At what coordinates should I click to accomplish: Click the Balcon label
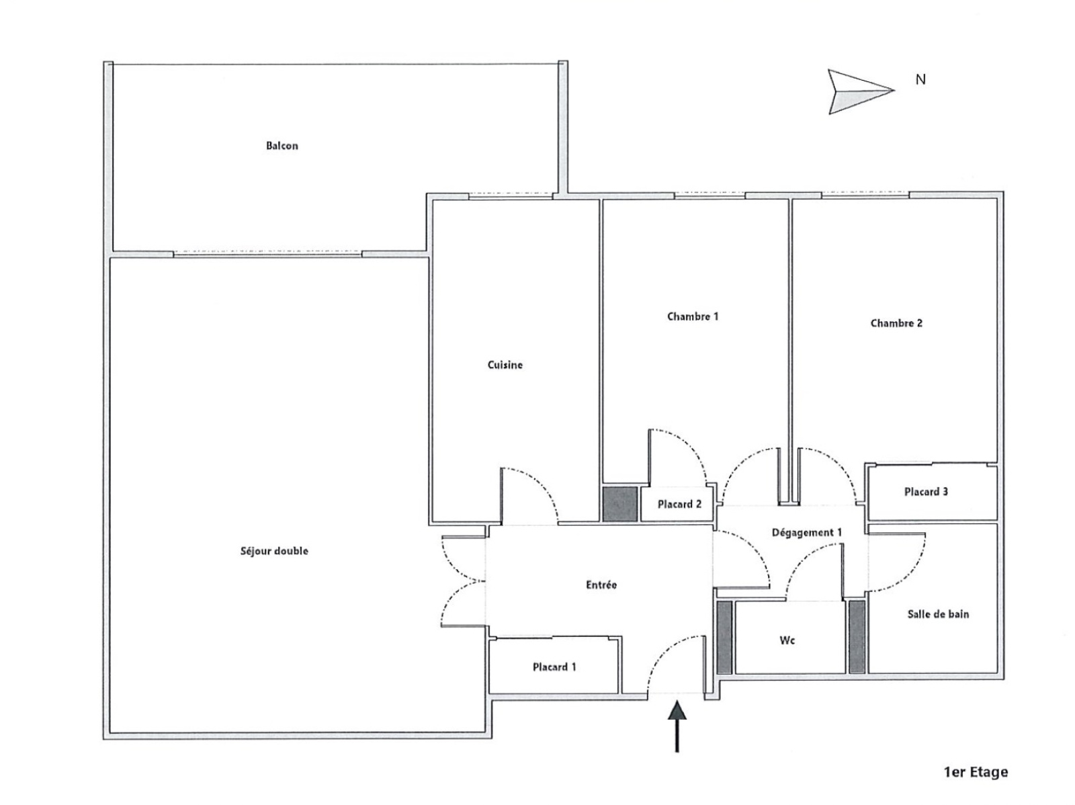point(282,146)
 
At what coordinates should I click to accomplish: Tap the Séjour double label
point(274,551)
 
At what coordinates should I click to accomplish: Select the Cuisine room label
point(505,365)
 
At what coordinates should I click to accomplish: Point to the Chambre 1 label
point(692,316)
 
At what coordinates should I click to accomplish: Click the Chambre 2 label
point(896,323)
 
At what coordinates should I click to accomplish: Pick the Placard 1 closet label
point(554,667)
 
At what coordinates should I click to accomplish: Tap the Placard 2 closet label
point(679,504)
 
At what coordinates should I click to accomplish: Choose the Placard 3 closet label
point(926,492)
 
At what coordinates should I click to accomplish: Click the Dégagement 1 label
point(806,533)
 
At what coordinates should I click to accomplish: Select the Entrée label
point(601,585)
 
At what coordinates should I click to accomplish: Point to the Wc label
point(787,640)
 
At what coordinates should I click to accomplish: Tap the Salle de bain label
point(938,614)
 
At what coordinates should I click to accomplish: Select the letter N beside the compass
point(920,79)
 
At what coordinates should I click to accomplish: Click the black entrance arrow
point(677,726)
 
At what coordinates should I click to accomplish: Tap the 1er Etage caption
point(976,773)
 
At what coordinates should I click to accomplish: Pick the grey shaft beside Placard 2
point(619,504)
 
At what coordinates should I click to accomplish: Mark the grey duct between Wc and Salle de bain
point(857,637)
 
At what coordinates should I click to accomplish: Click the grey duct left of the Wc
point(724,637)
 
